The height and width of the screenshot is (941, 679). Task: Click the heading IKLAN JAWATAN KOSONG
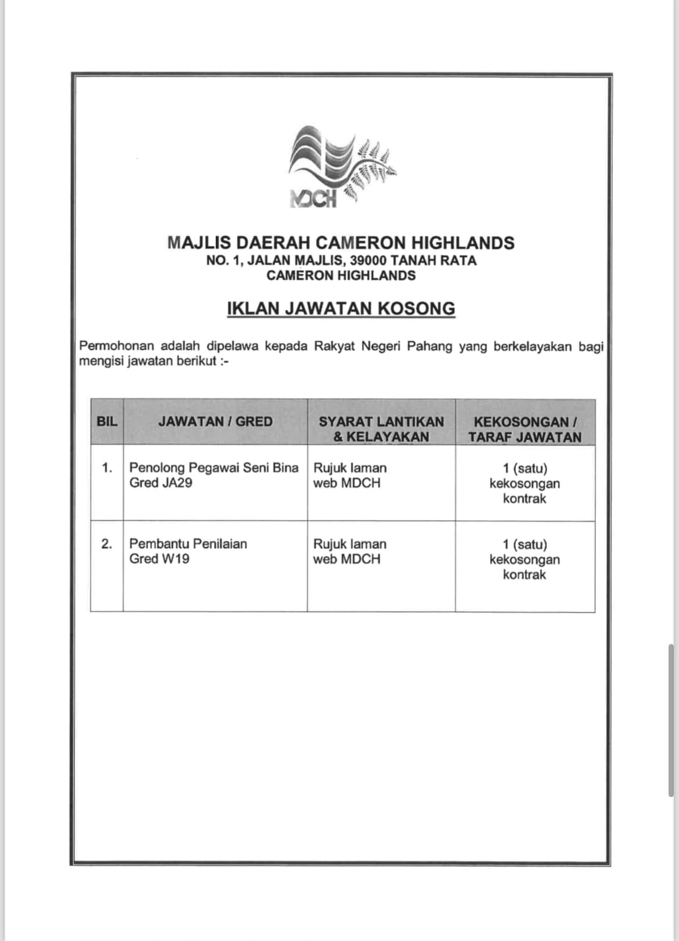click(341, 308)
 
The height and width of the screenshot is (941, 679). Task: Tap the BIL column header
click(107, 422)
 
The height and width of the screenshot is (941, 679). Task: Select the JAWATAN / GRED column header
click(215, 422)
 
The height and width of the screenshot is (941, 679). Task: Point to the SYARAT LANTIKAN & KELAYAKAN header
click(381, 429)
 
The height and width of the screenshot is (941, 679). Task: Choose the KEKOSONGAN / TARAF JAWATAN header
click(525, 429)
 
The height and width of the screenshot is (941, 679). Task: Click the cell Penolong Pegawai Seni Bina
click(214, 468)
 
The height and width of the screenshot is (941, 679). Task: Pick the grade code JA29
click(176, 483)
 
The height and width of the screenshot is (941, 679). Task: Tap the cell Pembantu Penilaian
click(188, 544)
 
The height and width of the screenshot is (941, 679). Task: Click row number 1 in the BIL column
click(107, 468)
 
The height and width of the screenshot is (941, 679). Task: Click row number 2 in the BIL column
click(107, 544)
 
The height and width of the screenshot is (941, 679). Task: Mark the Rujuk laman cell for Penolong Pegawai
click(349, 475)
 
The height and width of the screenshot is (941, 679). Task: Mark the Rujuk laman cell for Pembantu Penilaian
click(349, 551)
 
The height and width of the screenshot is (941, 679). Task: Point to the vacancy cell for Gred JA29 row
click(525, 483)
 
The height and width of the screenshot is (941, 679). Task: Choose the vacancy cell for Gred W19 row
click(525, 559)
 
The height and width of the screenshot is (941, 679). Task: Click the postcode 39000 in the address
click(369, 260)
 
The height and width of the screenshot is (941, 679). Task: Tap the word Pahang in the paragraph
click(429, 346)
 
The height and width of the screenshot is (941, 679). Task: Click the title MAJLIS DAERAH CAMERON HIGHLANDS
click(341, 243)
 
